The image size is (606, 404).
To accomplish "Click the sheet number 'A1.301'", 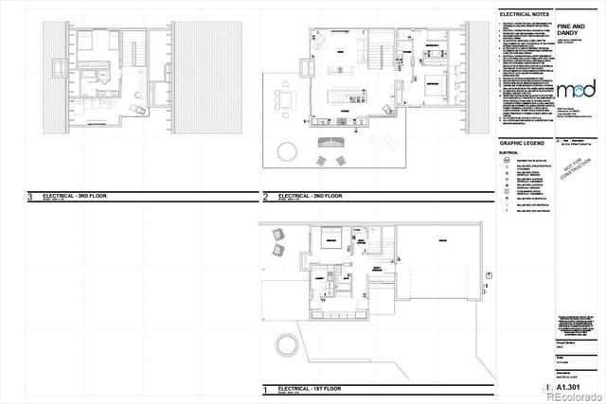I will [x=569, y=386].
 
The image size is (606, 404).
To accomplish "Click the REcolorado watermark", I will [x=568, y=396].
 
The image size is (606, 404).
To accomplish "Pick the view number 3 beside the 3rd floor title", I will [x=32, y=198].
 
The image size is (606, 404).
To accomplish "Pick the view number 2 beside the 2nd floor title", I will [x=266, y=198].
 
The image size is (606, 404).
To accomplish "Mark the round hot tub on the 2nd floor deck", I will [x=284, y=150].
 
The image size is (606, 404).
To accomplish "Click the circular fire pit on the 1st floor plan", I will [x=284, y=343].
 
